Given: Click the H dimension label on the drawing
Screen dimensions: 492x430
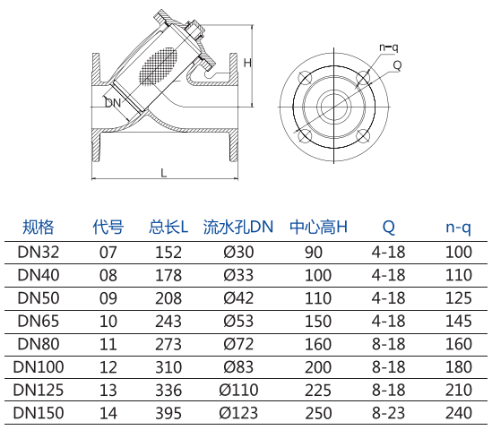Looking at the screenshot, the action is tap(247, 63).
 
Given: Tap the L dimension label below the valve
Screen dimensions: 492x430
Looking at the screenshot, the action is tap(163, 173).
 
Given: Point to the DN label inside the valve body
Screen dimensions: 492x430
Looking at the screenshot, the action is tap(113, 102).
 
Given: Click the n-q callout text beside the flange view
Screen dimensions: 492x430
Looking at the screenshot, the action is tap(388, 47).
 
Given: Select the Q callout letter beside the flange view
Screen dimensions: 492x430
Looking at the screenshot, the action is tap(397, 65).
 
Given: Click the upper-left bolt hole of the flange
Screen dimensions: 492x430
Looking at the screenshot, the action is tap(305, 77).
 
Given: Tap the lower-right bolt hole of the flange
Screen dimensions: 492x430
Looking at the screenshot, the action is tap(363, 136).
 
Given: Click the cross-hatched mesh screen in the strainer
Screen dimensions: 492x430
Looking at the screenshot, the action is tap(158, 66).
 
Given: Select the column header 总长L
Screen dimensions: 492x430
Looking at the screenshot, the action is tap(168, 227).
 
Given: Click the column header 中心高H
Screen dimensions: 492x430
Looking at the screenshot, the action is tap(318, 227).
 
